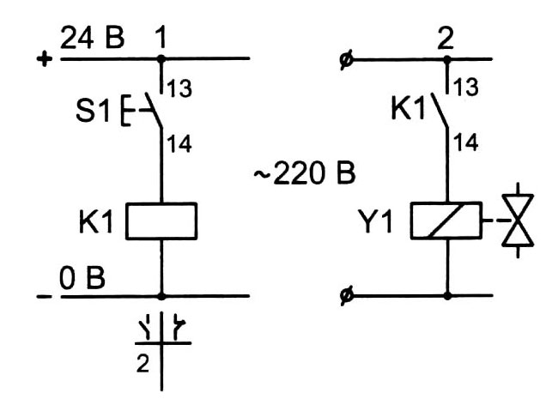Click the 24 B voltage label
[x=94, y=39]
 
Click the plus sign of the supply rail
[x=45, y=59]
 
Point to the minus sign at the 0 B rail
[x=44, y=297]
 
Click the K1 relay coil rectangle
[x=161, y=221]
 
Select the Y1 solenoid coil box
[x=446, y=221]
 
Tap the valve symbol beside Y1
[x=518, y=220]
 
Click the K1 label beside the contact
[x=410, y=111]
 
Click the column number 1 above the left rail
[x=160, y=38]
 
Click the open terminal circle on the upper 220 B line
[x=344, y=60]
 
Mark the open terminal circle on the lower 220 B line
[x=344, y=297]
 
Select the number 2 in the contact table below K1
[x=143, y=364]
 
